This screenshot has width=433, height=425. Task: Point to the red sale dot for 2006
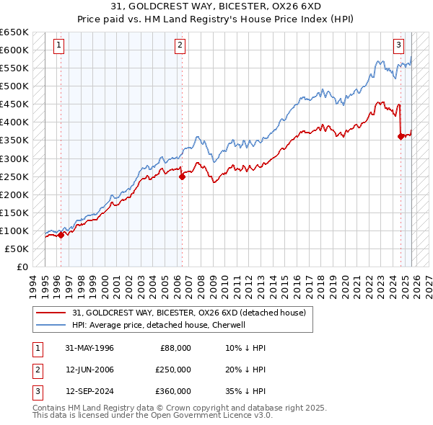(182, 176)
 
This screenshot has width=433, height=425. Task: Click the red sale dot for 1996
(61, 234)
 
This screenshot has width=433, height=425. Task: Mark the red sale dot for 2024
(401, 136)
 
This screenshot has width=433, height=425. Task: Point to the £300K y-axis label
(15, 158)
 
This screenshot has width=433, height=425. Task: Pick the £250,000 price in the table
(173, 369)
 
